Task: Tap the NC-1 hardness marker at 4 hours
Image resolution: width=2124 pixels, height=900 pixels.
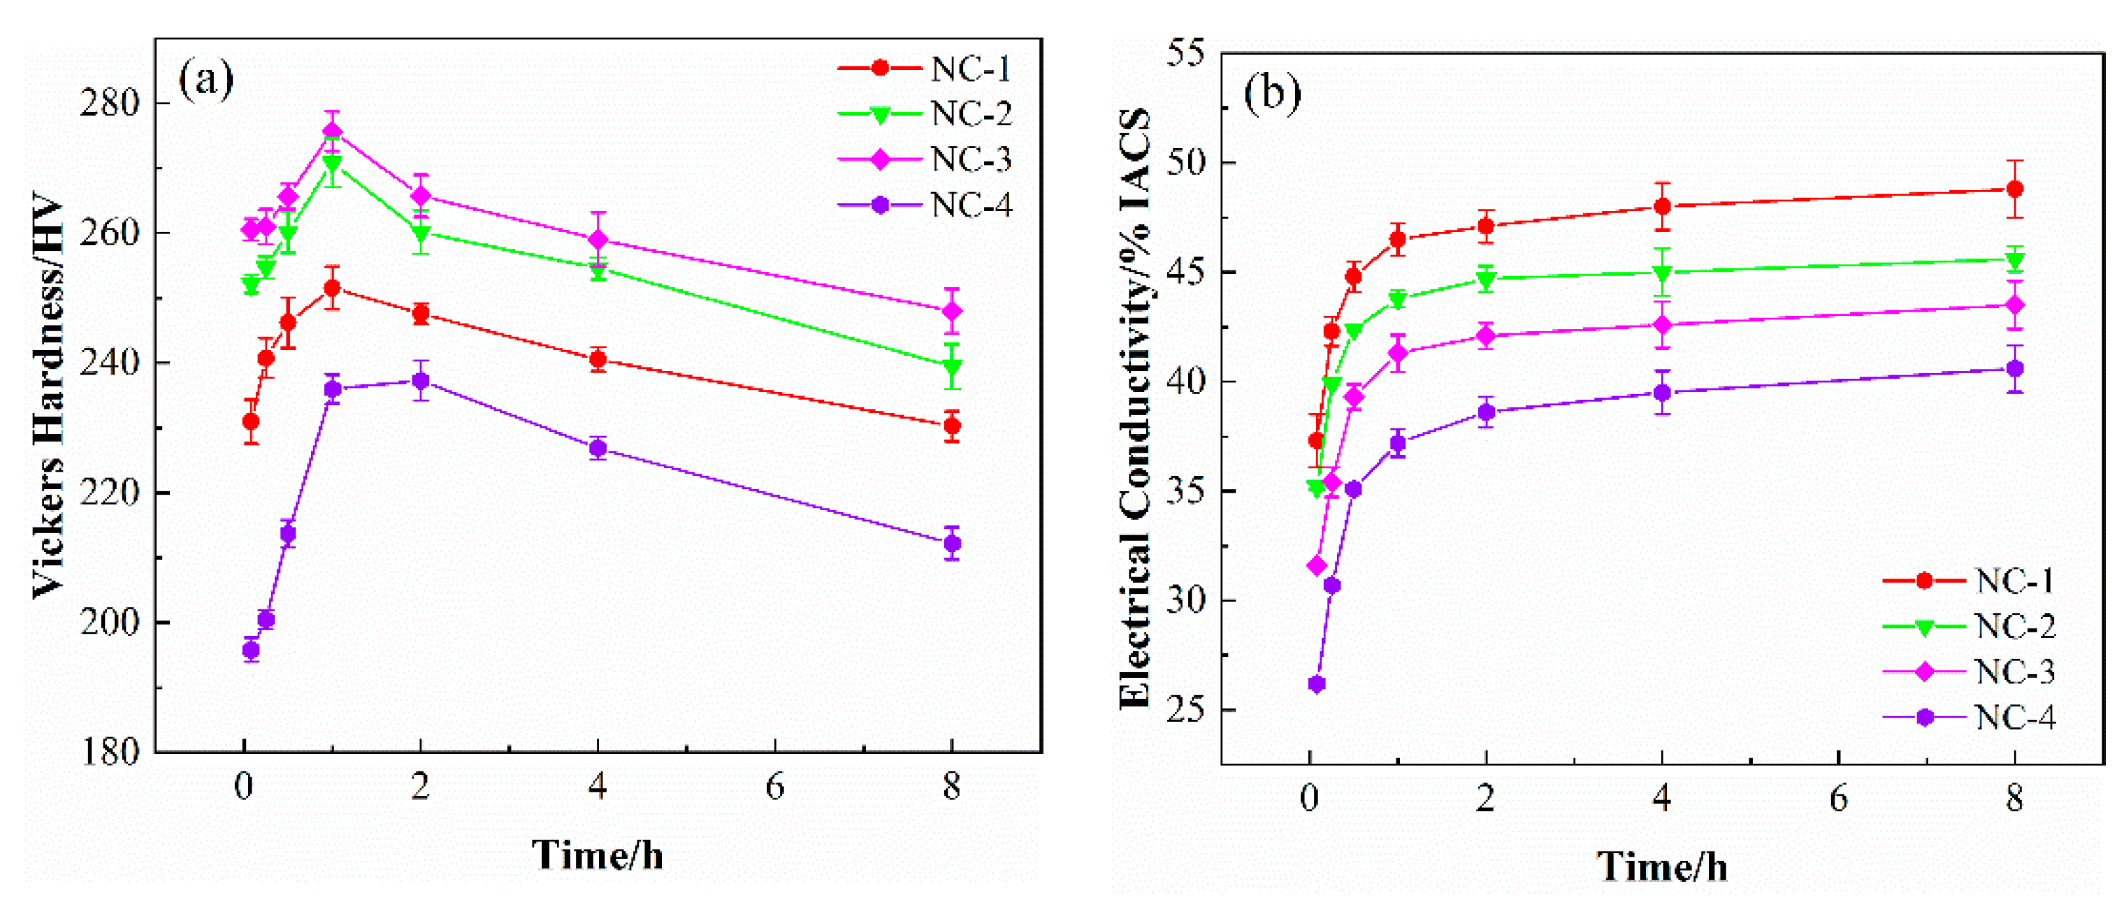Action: [x=598, y=359]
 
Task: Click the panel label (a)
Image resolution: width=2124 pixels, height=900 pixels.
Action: [x=205, y=79]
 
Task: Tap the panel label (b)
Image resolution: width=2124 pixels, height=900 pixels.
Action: [x=1272, y=92]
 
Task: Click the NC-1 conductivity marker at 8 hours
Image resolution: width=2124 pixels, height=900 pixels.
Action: [x=2014, y=189]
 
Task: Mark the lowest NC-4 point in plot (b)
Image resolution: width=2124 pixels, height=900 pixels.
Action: [x=1317, y=684]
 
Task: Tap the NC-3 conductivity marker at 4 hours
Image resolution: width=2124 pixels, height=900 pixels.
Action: [x=1662, y=325]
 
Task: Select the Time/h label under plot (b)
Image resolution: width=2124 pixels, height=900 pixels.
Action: [x=1661, y=866]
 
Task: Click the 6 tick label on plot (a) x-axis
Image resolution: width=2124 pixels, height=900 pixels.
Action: [x=774, y=787]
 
